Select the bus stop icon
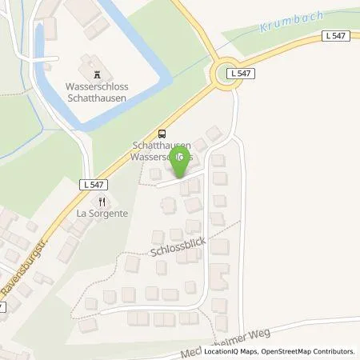tap(163, 134)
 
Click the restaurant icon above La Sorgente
tap(103, 202)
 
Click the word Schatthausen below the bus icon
tap(162, 146)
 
